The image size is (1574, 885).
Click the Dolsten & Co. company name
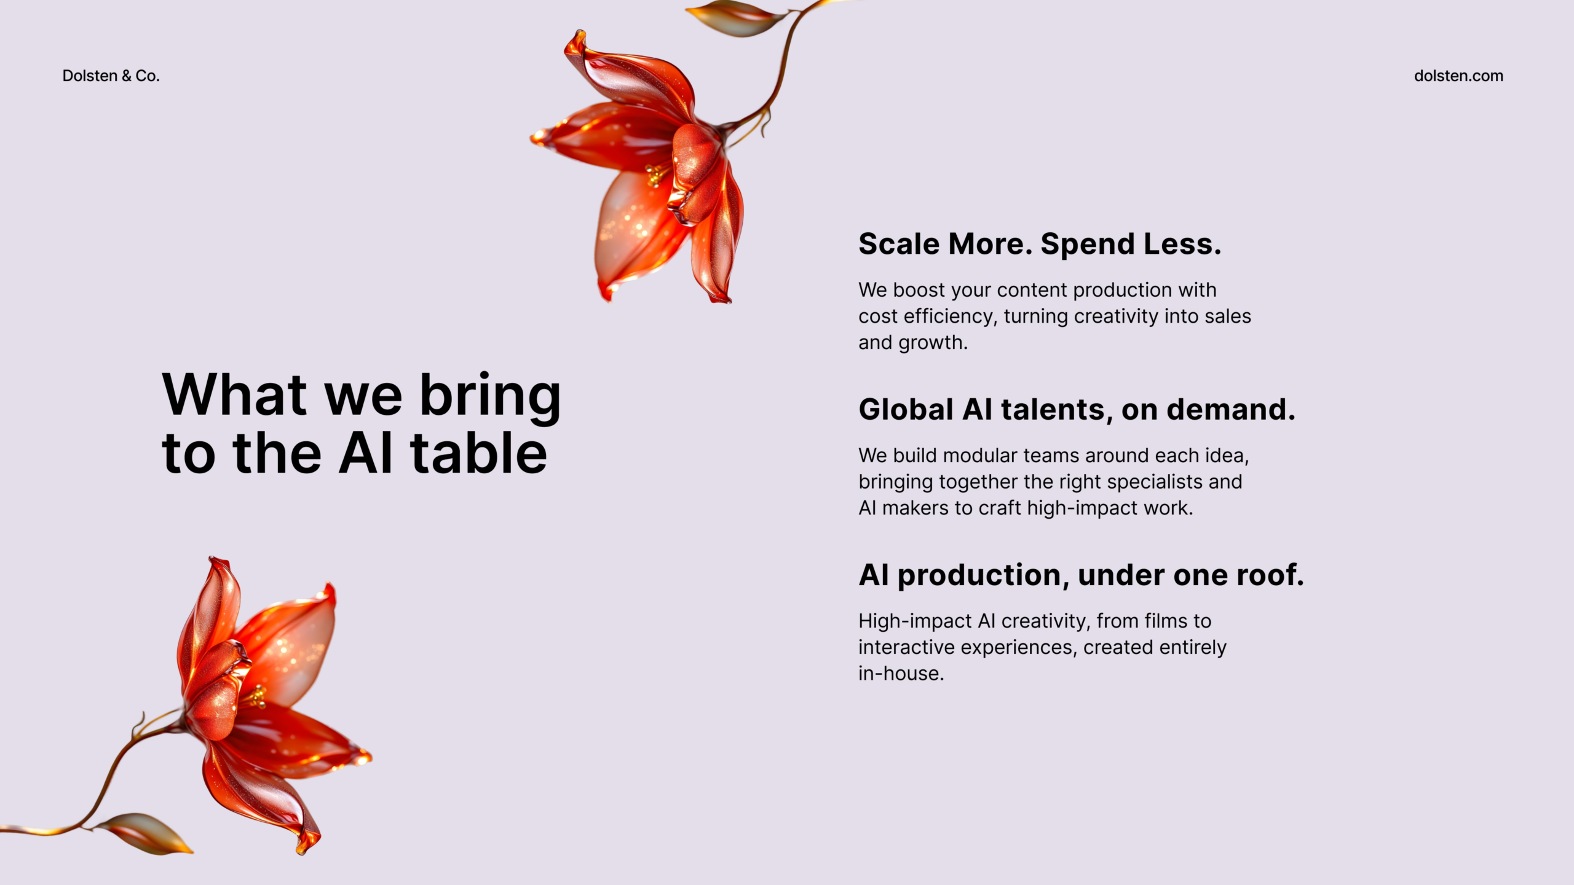point(111,76)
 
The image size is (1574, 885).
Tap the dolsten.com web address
point(1458,76)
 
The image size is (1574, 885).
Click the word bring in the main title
point(490,397)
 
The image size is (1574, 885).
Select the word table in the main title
point(478,452)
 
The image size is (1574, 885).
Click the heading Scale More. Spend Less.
point(1040,244)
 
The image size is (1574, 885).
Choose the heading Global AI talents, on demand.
point(1077,409)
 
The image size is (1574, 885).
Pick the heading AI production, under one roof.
point(1081,575)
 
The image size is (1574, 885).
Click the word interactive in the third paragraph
point(906,647)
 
